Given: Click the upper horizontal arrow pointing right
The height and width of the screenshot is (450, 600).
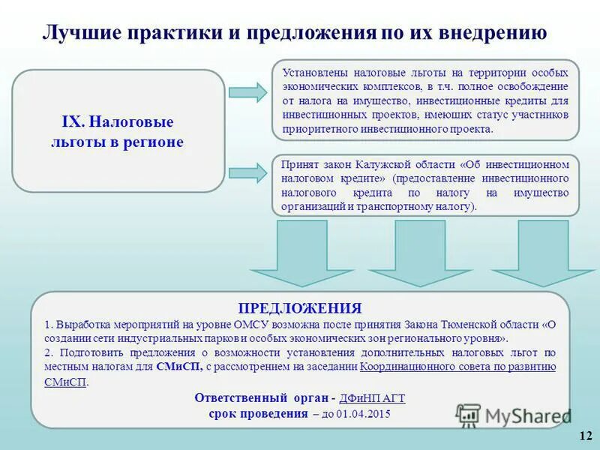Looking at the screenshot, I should point(247,92).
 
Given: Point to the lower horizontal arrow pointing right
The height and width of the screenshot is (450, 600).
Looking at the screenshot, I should point(247,173).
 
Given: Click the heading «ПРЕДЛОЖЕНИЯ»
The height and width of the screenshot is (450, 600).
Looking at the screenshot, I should point(300,308).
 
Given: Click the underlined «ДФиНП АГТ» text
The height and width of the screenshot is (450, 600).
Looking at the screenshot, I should point(372,399).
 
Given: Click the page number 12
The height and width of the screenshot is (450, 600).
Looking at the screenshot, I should point(586,436).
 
